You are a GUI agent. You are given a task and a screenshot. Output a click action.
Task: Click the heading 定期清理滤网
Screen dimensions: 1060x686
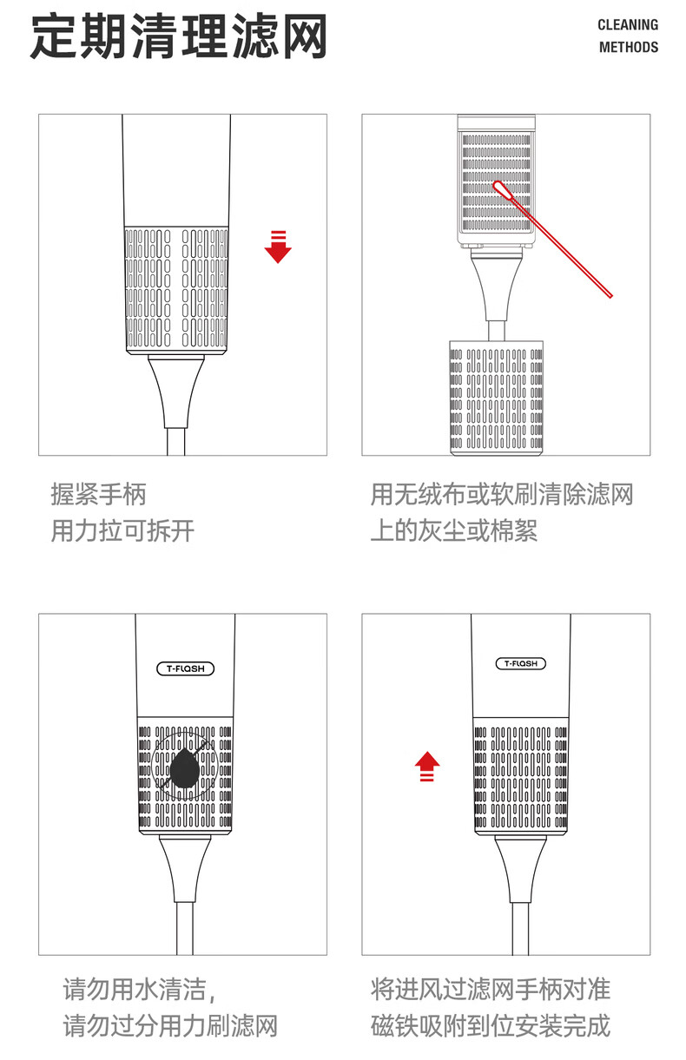pyautogui.click(x=178, y=37)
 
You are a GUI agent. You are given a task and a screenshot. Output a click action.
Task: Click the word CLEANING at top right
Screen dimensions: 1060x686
pyautogui.click(x=627, y=25)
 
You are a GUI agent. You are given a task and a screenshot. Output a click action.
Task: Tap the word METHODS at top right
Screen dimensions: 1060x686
pyautogui.click(x=628, y=47)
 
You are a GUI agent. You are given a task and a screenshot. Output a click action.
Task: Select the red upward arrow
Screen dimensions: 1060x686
pyautogui.click(x=426, y=767)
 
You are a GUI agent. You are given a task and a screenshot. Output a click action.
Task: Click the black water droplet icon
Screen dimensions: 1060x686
pyautogui.click(x=184, y=769)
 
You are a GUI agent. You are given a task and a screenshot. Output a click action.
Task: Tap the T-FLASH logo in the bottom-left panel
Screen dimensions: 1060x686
pyautogui.click(x=184, y=668)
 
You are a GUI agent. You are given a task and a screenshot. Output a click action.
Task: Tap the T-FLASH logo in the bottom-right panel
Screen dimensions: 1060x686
pyautogui.click(x=521, y=664)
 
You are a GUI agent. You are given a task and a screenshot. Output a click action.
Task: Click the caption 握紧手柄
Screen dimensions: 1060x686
pyautogui.click(x=98, y=495)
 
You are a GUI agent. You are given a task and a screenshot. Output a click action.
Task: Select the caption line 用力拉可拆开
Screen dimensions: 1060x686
pyautogui.click(x=122, y=531)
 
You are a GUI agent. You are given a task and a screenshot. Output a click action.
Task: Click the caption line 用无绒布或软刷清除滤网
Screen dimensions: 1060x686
pyautogui.click(x=502, y=495)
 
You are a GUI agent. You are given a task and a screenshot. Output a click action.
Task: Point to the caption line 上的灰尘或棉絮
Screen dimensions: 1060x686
pyautogui.click(x=454, y=531)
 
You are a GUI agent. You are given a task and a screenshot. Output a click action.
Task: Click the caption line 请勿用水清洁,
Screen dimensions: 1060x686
pyautogui.click(x=138, y=989)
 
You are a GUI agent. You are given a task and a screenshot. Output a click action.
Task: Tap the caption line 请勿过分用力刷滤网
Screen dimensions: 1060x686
pyautogui.click(x=170, y=1025)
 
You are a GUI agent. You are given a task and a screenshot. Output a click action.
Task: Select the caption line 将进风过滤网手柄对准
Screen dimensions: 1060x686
pyautogui.click(x=491, y=989)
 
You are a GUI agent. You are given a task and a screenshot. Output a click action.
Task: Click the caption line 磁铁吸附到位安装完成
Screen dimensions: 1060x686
pyautogui.click(x=491, y=1025)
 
